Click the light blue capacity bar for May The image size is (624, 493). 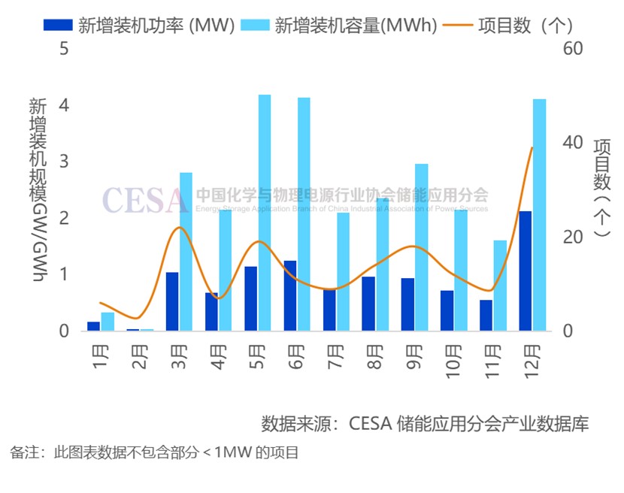coord(265,213)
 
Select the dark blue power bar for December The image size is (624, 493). coord(526,271)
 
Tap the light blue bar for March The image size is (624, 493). coord(186,252)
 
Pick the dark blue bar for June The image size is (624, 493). coord(290,295)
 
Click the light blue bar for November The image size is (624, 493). coord(500,286)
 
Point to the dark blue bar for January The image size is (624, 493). coord(94,326)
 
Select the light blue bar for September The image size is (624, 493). coord(422,247)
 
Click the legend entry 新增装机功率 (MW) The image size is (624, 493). coord(138,25)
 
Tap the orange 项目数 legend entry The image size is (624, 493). coord(511,25)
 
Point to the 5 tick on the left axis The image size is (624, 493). coord(64,49)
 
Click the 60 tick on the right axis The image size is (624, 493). coord(573,49)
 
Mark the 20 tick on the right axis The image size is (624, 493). coord(573,237)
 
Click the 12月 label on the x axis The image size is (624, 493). coord(532,358)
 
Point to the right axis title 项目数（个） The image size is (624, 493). coord(601,188)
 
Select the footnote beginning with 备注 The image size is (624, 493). coord(154,452)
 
